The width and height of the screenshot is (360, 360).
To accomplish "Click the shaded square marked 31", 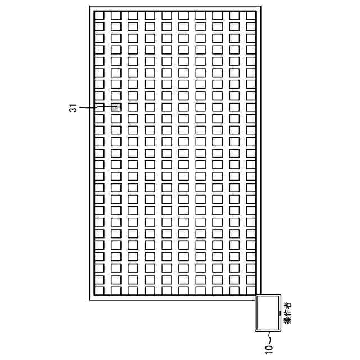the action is (x=116, y=107).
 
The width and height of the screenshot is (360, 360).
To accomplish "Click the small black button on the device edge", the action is (x=280, y=312).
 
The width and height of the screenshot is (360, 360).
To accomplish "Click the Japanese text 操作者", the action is (x=288, y=313).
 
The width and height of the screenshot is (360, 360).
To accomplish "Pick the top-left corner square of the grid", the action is (x=99, y=15).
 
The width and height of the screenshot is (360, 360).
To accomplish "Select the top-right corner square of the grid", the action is (x=251, y=15).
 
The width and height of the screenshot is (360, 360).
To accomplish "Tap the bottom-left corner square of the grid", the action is (x=99, y=290).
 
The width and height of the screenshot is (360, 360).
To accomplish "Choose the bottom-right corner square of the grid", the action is (x=251, y=290).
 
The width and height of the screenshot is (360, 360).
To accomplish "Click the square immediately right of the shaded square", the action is (x=133, y=107).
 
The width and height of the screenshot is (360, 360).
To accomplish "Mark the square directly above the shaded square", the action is (x=116, y=96).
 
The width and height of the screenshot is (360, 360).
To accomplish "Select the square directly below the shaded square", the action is (x=116, y=118).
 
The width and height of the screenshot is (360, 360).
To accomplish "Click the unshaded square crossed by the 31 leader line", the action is (x=99, y=107).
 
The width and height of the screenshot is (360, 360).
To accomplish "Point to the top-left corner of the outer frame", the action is (x=90, y=7).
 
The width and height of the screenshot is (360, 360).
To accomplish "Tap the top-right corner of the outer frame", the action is (x=260, y=7).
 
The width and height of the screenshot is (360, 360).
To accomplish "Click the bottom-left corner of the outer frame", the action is (x=90, y=299).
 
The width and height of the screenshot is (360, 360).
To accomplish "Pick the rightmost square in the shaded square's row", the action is (x=251, y=107).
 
